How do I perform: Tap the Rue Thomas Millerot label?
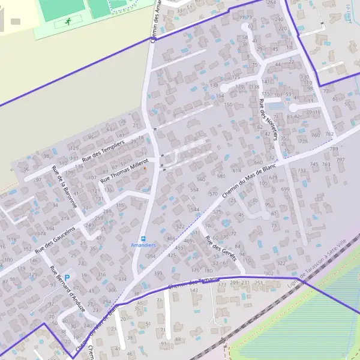[x=126, y=170]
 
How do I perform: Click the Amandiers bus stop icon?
[x=143, y=238]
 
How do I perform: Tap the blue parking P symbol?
[x=67, y=277]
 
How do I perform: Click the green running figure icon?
[x=67, y=22]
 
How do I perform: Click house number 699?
[x=285, y=189]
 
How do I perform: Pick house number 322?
[x=281, y=263]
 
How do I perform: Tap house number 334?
[x=122, y=279]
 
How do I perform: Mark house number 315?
[x=119, y=206]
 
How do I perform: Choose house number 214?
[x=65, y=218]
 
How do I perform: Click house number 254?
[x=272, y=3]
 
